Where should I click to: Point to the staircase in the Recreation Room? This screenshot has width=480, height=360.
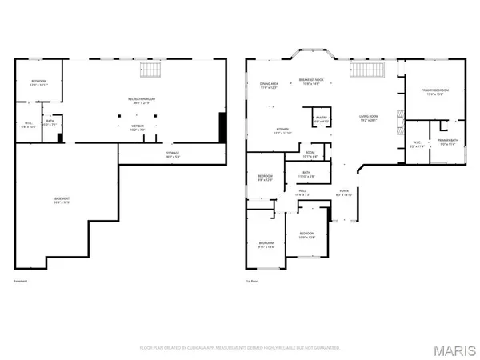click(x=147, y=70)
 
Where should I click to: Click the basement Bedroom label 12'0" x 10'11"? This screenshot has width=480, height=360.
click(x=39, y=84)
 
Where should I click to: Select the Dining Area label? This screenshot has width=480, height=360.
click(x=269, y=86)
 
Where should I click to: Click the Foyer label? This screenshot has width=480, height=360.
click(x=345, y=193)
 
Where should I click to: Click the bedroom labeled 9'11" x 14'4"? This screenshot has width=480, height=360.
click(x=266, y=244)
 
